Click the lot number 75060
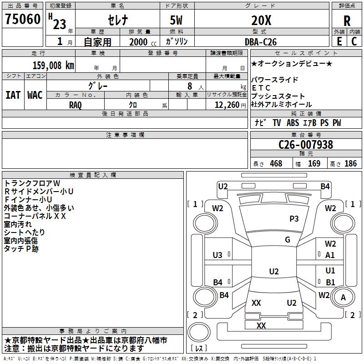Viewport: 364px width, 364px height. pyautogui.click(x=23, y=19)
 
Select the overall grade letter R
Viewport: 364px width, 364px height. pyautogui.click(x=347, y=21)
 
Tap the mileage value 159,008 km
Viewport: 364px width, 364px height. pyautogui.click(x=53, y=65)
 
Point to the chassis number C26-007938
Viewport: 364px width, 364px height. pyautogui.click(x=306, y=145)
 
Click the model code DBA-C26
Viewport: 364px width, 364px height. pyautogui.click(x=261, y=42)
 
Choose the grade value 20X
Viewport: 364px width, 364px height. pyautogui.click(x=261, y=20)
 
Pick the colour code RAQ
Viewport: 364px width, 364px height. pyautogui.click(x=76, y=105)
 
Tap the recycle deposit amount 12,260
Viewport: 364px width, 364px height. pyautogui.click(x=227, y=105)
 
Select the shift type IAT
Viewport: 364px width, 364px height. pyautogui.click(x=13, y=95)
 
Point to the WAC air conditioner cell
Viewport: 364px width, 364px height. pyautogui.click(x=35, y=95)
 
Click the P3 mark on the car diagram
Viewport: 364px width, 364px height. pyautogui.click(x=294, y=219)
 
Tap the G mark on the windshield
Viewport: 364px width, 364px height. pyautogui.click(x=288, y=240)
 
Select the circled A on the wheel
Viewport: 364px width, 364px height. pyautogui.click(x=343, y=297)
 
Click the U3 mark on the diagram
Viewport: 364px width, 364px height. pyautogui.click(x=217, y=255)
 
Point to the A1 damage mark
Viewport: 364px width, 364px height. pyautogui.click(x=330, y=255)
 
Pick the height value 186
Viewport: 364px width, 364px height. pyautogui.click(x=350, y=164)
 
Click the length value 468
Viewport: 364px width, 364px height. pyautogui.click(x=276, y=164)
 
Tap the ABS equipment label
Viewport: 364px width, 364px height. pyautogui.click(x=293, y=123)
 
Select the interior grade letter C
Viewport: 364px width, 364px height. pyautogui.click(x=354, y=41)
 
